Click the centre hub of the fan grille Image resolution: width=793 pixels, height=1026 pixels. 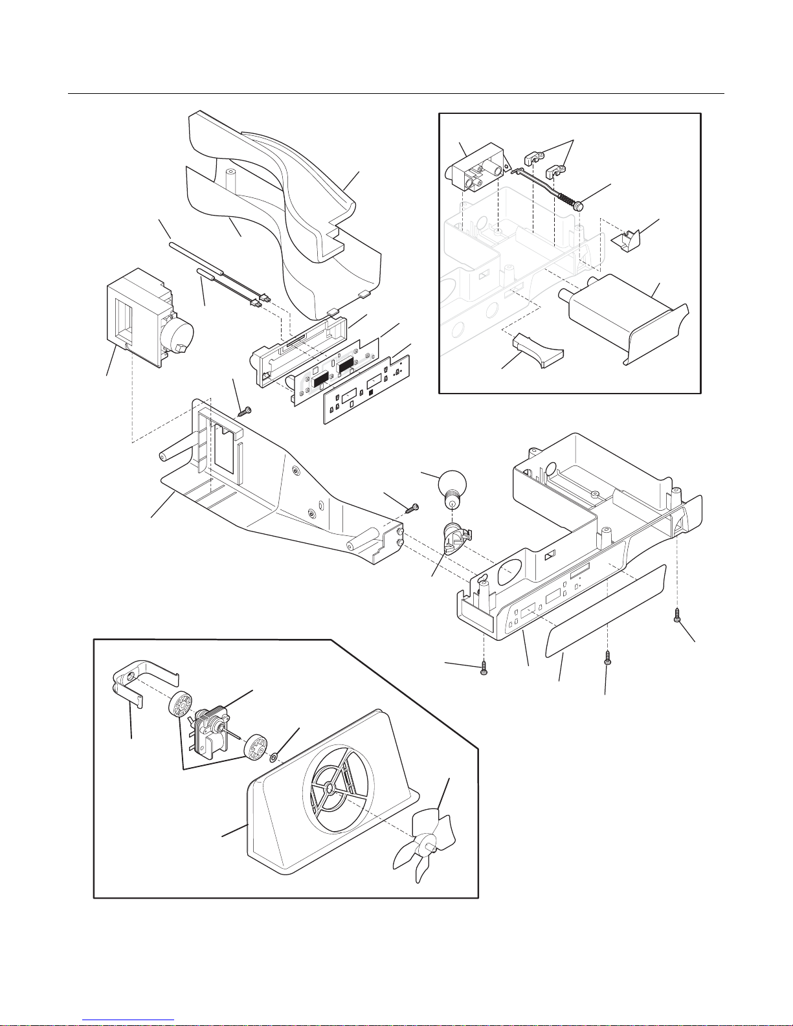point(331,789)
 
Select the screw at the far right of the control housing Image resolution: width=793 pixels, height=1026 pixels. point(676,614)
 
